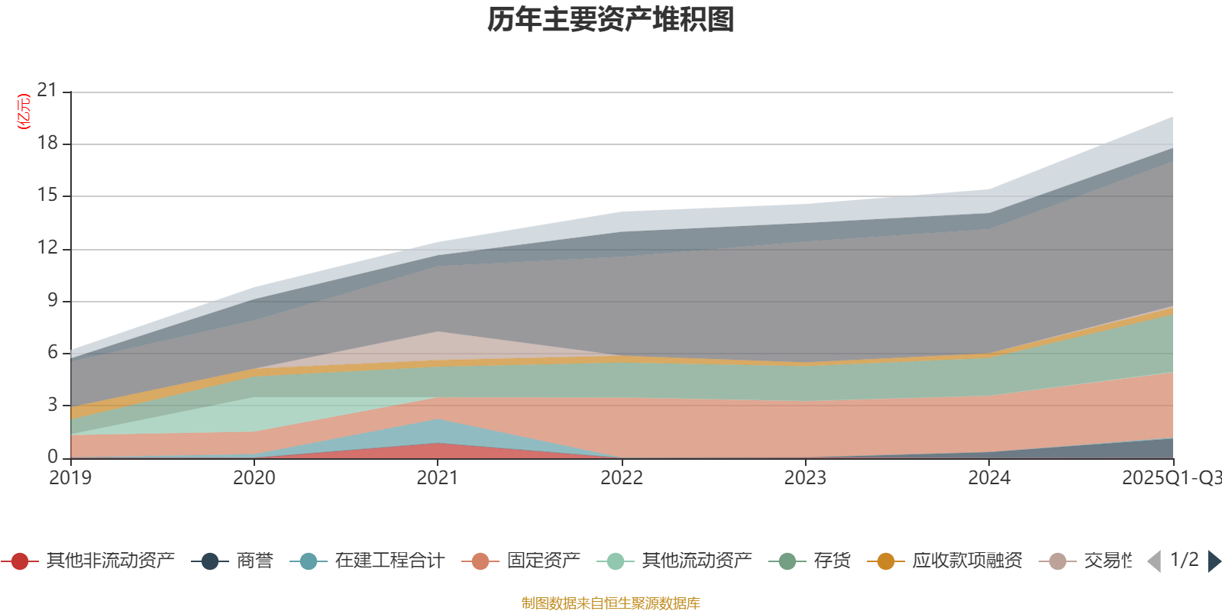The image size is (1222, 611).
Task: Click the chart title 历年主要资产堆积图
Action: point(611,20)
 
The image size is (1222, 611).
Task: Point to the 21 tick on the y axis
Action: point(47,90)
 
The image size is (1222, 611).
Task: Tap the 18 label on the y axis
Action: point(47,143)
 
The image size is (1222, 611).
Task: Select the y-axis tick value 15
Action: point(47,195)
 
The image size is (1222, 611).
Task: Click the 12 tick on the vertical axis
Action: point(47,247)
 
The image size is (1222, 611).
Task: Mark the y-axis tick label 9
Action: point(53,300)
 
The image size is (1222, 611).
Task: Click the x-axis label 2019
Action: point(70,478)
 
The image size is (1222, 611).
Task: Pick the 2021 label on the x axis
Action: point(438,478)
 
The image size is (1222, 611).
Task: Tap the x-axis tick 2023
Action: point(805,478)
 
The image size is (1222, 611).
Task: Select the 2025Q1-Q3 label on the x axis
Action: point(1170,478)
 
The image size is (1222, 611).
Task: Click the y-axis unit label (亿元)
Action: point(24,112)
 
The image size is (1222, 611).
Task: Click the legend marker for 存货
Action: point(786,561)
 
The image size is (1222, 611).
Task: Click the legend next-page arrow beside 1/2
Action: point(1214,561)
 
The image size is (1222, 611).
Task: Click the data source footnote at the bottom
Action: point(611,603)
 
